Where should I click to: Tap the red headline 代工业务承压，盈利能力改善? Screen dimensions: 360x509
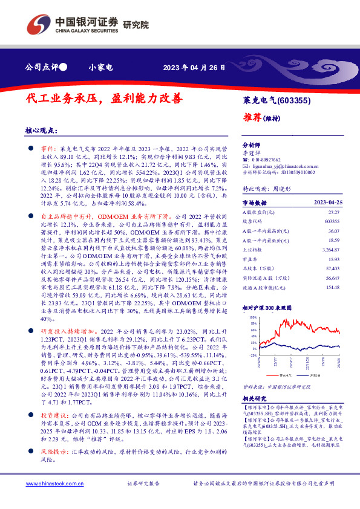tap(103, 99)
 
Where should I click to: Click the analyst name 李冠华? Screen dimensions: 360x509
tap(250, 154)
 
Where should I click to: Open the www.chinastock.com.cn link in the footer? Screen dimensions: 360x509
tap(53, 484)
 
